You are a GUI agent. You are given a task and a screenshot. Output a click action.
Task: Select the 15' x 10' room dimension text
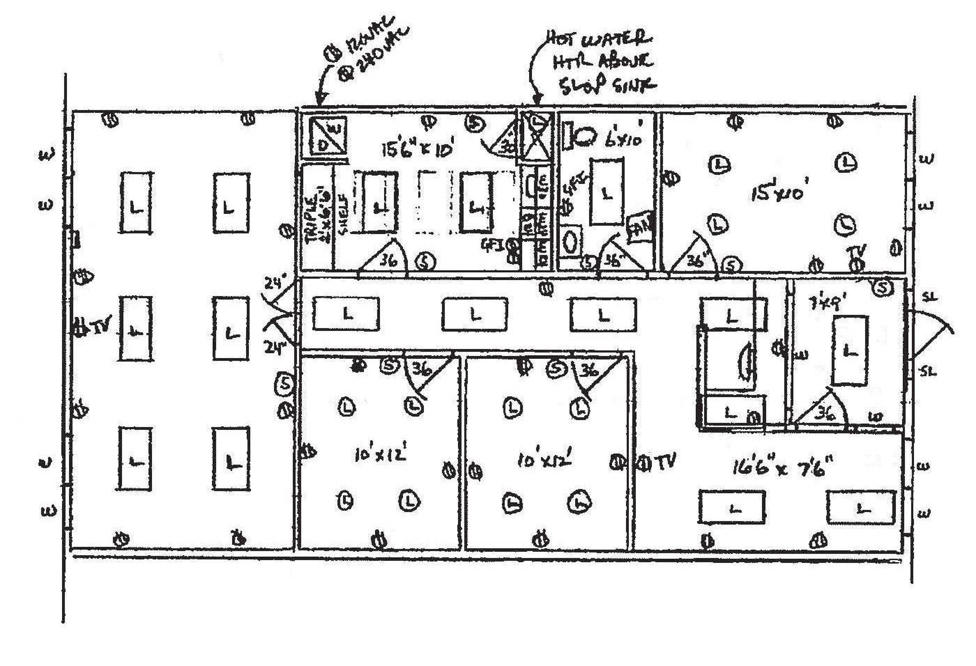(x=779, y=193)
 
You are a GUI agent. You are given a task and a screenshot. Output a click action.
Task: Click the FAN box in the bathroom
(x=640, y=227)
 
